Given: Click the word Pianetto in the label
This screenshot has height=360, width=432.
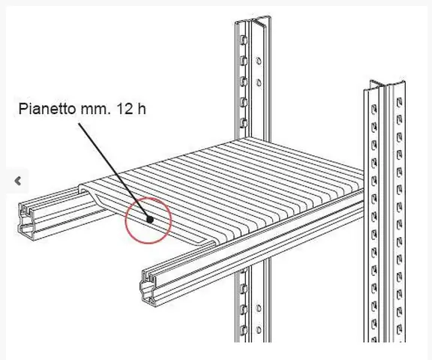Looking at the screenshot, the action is point(46,109).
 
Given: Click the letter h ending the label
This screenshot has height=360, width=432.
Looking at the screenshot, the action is point(141,109).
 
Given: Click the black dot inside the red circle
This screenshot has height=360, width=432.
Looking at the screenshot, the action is point(150,220).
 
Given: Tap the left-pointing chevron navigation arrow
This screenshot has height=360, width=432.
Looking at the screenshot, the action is point(18,181).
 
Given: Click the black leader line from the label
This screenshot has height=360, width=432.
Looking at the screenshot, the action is point(114,171).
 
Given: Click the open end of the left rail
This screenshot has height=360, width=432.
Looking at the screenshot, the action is point(28,220).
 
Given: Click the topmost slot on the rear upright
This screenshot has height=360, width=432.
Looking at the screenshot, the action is point(244,40).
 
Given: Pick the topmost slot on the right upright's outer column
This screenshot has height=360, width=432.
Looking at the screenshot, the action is point(399,102).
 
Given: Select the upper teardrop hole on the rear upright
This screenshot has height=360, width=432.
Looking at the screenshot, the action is point(259,61).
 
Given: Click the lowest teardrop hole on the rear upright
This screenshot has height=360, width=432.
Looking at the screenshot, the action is point(259,329).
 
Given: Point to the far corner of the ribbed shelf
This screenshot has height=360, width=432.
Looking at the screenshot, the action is point(246,139).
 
